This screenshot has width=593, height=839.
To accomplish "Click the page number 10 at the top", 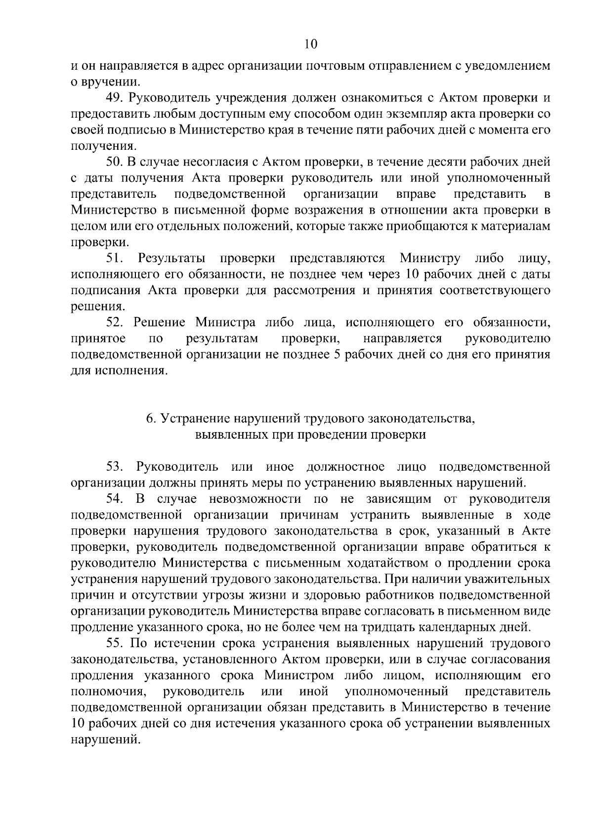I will (311, 44).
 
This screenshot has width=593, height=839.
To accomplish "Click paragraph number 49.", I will (115, 98).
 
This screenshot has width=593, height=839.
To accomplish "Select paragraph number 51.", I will (115, 258).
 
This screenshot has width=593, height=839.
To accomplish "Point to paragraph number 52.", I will (115, 322).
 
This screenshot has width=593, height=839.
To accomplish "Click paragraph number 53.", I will (115, 467).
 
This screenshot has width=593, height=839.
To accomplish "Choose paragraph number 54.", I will (115, 498).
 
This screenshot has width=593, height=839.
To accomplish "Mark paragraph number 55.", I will (115, 643).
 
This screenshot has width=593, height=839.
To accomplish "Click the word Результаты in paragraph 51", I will (172, 258).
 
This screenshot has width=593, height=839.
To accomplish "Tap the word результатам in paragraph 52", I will (223, 339).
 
